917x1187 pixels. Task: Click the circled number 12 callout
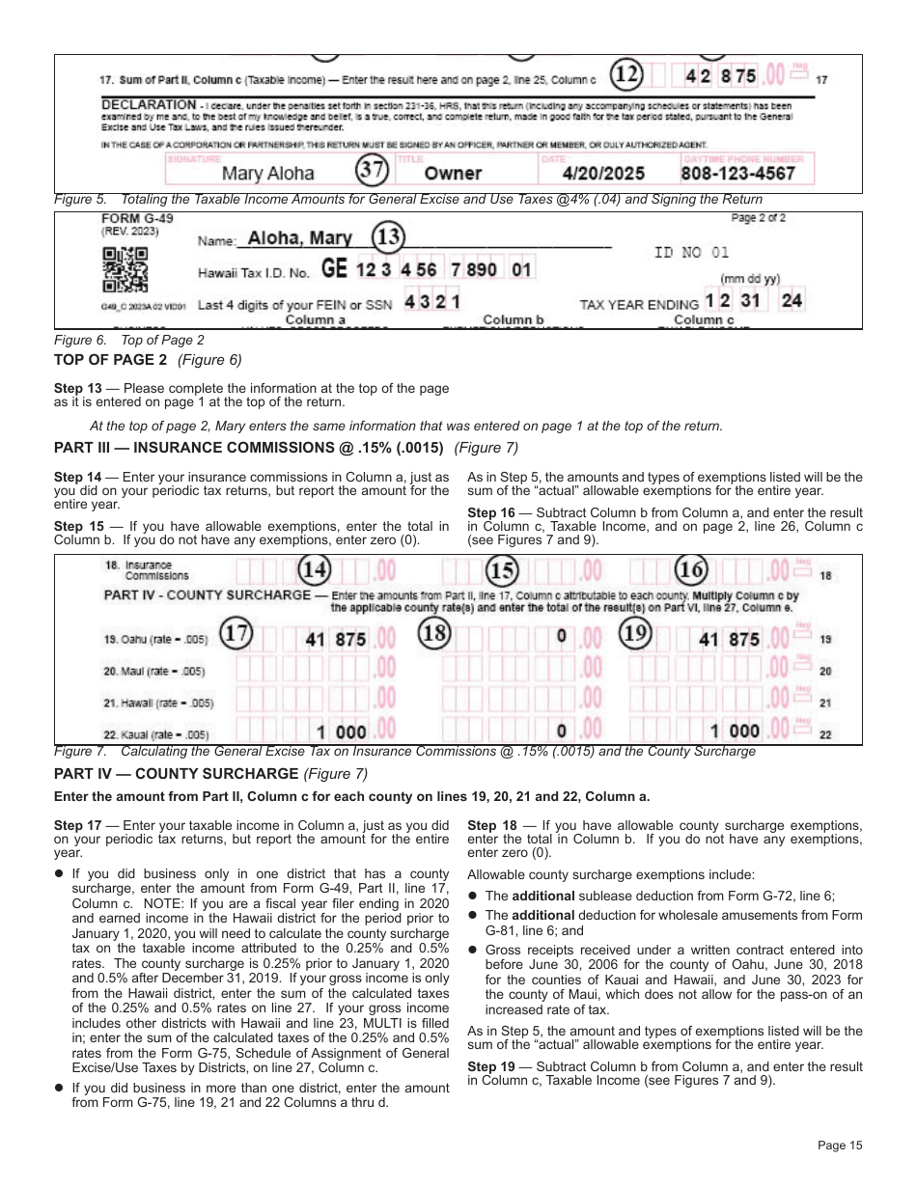(627, 74)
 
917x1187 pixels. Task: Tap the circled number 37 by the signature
(372, 171)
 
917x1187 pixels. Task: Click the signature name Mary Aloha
(267, 174)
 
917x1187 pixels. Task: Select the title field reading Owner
(453, 174)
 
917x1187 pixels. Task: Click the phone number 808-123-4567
(737, 174)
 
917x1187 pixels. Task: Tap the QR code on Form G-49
(125, 270)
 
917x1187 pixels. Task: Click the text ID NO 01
(691, 253)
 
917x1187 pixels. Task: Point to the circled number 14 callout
(314, 570)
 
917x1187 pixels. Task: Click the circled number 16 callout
(691, 570)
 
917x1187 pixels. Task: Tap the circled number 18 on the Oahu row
(436, 635)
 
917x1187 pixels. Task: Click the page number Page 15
(839, 1146)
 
